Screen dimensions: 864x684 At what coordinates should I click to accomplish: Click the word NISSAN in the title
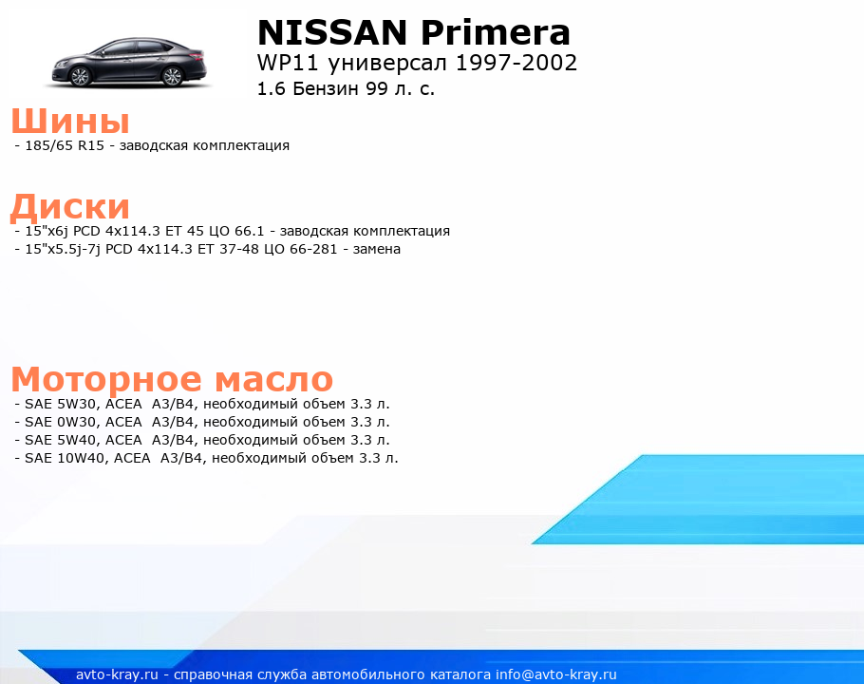tap(332, 32)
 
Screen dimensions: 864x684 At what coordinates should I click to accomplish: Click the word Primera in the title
tap(496, 32)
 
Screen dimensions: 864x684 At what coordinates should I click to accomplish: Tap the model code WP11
tap(288, 63)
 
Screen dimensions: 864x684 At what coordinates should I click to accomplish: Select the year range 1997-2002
tap(517, 63)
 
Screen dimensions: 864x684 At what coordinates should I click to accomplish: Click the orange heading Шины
tap(70, 121)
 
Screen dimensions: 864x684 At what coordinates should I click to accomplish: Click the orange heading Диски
tap(70, 206)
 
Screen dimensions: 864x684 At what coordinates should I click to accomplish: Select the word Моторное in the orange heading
tap(106, 379)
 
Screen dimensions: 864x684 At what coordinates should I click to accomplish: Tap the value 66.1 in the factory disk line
tap(250, 231)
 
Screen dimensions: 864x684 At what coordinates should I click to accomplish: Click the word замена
tap(376, 250)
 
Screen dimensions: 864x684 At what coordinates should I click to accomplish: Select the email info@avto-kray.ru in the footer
tap(555, 674)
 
